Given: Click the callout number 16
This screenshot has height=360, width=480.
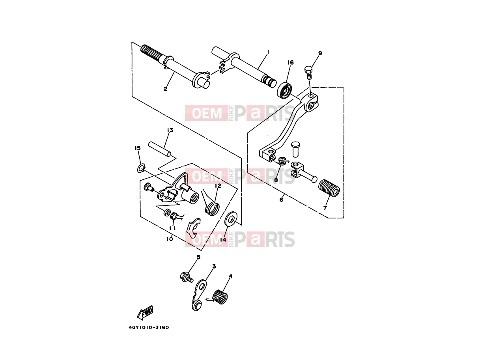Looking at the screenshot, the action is pos(290,63).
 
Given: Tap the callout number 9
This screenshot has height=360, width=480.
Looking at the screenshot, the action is pos(320,53).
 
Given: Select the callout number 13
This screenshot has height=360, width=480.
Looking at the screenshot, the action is pos(170,130).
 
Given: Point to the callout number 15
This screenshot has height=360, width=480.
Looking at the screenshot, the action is pos(138,148).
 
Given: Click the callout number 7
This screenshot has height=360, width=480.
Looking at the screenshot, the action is pos(325,208).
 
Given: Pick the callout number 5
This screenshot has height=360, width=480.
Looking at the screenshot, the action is pos(198,257).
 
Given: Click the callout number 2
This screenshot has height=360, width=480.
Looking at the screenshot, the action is pos(165,89).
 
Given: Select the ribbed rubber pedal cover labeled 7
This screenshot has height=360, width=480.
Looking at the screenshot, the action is pos(329,188).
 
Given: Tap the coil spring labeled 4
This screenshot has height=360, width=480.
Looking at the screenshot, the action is pos(220,297).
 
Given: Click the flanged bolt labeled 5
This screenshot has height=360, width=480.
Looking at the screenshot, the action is pos(187,277).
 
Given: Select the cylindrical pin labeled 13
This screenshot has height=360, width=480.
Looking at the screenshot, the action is pos(159,149).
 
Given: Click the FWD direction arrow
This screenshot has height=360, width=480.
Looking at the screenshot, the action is pos(145,313).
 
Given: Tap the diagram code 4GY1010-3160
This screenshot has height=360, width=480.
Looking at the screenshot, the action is pos(149,327).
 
